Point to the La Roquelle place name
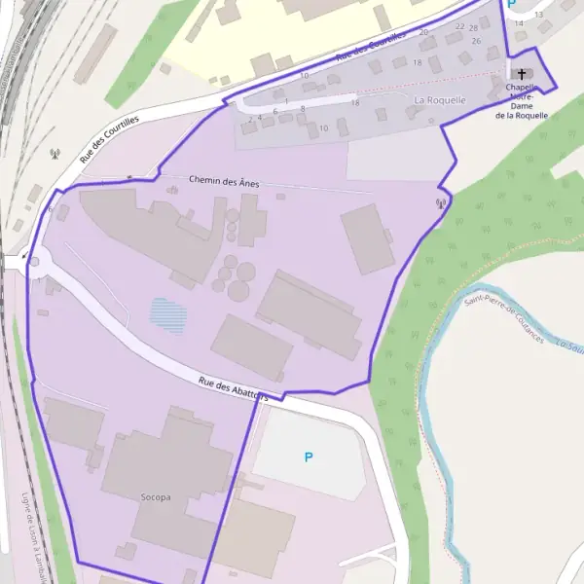(x=440, y=99)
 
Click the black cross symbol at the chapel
(x=521, y=74)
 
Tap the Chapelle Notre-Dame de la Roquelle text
(x=521, y=101)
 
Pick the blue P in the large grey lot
(x=309, y=456)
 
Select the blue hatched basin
(x=167, y=315)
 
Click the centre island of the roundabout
(x=34, y=261)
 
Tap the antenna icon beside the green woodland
(x=440, y=204)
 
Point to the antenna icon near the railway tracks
(x=55, y=153)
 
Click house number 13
(x=538, y=15)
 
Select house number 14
(x=519, y=22)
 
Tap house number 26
(x=476, y=41)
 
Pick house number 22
(x=459, y=26)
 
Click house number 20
(x=423, y=32)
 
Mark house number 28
(x=473, y=28)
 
